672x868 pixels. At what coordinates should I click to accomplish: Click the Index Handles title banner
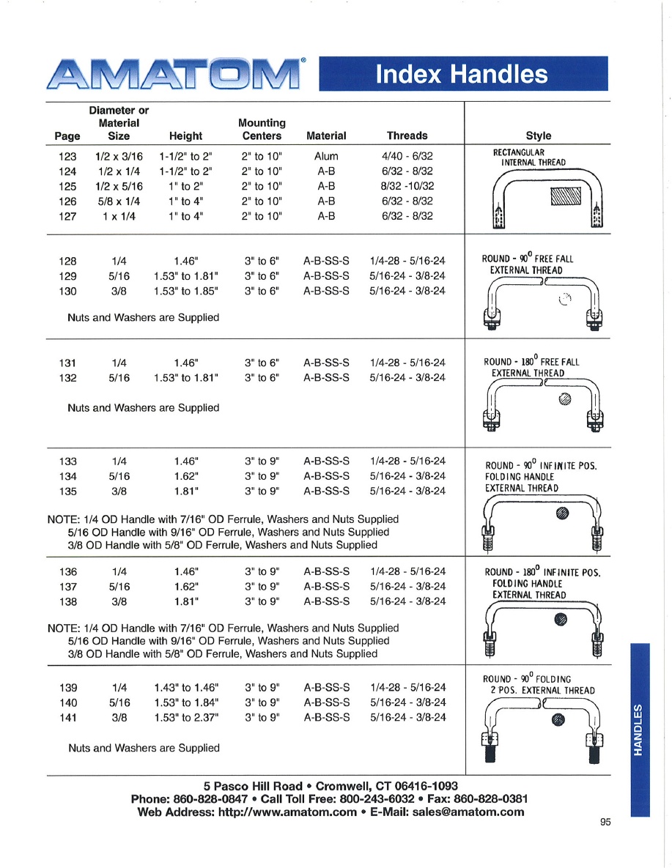(463, 74)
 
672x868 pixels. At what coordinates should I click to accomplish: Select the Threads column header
(407, 136)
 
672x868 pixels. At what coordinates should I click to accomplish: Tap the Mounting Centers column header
(262, 129)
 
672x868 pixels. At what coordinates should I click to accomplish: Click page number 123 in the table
(67, 156)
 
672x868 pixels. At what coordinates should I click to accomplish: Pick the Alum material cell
(326, 156)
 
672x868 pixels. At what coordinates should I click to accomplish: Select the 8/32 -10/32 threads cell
(407, 186)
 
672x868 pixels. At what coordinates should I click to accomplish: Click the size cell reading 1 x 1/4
(119, 216)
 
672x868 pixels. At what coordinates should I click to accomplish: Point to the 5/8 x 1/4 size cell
(119, 201)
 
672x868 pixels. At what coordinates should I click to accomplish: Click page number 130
(67, 291)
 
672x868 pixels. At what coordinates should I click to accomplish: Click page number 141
(67, 718)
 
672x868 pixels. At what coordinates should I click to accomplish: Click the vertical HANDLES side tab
(639, 729)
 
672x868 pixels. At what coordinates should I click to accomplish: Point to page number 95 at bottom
(605, 822)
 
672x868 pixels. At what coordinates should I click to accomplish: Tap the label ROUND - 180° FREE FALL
(531, 362)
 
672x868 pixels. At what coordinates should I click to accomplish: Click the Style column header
(539, 136)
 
